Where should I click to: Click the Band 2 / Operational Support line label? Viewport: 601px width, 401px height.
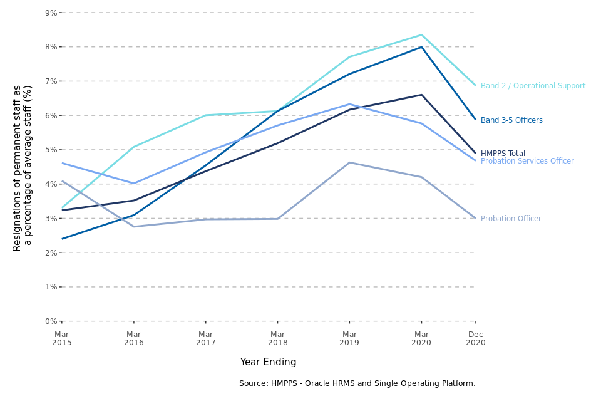pos(533,86)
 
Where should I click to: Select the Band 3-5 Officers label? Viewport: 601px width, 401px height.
pos(511,120)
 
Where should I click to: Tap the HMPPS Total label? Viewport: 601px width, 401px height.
pos(503,154)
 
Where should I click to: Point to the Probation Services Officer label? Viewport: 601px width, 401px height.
pos(527,161)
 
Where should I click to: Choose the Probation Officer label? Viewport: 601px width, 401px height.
pos(511,219)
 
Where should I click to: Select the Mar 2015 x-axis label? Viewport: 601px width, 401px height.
pos(62,338)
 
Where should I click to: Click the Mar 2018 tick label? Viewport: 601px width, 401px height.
pos(277,338)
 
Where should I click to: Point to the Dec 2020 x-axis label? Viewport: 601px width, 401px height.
pos(475,338)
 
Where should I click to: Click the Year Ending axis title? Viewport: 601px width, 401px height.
pos(268,362)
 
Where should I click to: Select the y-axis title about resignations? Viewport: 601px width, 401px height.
pos(23,168)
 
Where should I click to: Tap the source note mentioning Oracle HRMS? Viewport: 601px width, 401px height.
pos(357,383)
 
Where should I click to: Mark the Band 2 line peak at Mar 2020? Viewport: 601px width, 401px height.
pos(421,35)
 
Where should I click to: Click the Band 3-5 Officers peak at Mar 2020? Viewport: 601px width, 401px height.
pos(421,47)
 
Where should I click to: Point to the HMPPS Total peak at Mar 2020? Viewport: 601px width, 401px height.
pos(421,95)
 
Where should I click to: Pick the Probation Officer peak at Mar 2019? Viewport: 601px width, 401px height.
pos(349,163)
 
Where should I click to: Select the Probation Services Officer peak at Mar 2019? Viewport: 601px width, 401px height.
pos(349,104)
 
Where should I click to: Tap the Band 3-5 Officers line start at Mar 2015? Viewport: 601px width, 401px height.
pos(62,239)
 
